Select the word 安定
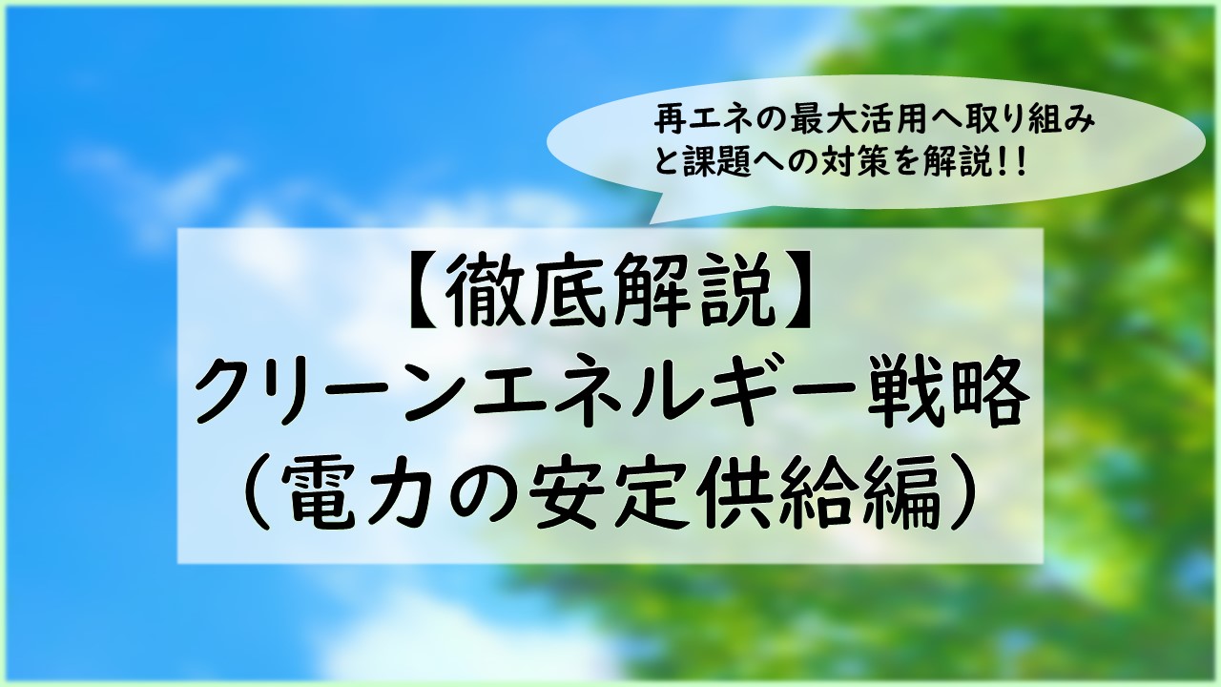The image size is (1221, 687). pos(610,494)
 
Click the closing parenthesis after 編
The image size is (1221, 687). pos(961,494)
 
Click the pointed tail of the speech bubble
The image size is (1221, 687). pos(650,222)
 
